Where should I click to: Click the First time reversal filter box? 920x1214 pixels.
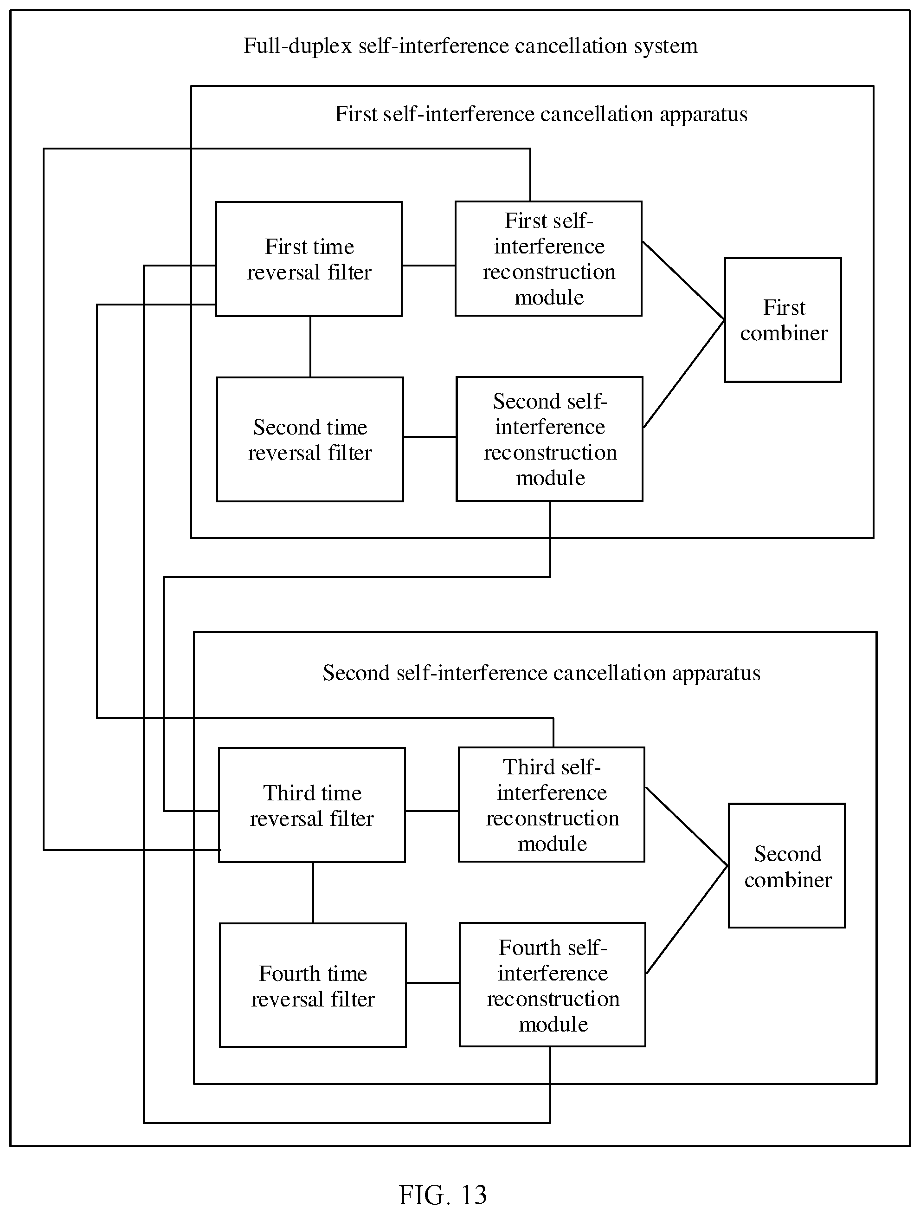pyautogui.click(x=309, y=259)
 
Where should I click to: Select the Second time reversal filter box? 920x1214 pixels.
pyautogui.click(x=310, y=439)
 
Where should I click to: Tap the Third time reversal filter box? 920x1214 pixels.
pyautogui.click(x=312, y=805)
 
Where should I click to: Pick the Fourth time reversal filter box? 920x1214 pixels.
pyautogui.click(x=313, y=986)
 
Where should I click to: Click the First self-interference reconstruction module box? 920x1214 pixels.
pyautogui.click(x=548, y=259)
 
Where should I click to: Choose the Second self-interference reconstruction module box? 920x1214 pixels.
pyautogui.click(x=550, y=439)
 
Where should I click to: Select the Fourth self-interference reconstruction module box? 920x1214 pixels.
pyautogui.click(x=553, y=985)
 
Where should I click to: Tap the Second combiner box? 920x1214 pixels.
pyautogui.click(x=787, y=866)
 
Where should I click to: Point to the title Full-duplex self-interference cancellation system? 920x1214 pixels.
pyautogui.click(x=471, y=46)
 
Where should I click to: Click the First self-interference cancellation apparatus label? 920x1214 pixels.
pyautogui.click(x=541, y=114)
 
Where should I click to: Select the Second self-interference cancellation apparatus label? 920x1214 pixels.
pyautogui.click(x=541, y=673)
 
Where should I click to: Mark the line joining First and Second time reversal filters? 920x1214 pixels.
pyautogui.click(x=310, y=347)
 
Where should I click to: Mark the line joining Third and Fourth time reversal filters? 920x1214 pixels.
pyautogui.click(x=313, y=893)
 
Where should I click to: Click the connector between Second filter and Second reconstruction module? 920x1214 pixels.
pyautogui.click(x=430, y=437)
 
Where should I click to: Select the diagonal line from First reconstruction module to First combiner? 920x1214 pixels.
pyautogui.click(x=683, y=280)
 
